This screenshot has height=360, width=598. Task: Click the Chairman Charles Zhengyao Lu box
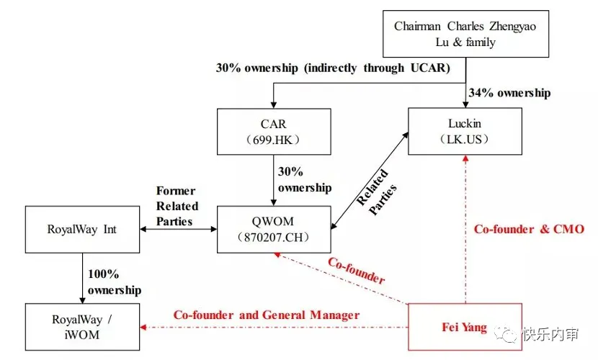pyautogui.click(x=465, y=34)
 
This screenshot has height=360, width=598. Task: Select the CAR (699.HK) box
pyautogui.click(x=274, y=132)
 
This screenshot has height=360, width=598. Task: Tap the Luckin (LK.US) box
pyautogui.click(x=465, y=131)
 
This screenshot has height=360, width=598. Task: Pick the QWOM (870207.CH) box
pyautogui.click(x=274, y=230)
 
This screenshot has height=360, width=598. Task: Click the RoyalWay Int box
pyautogui.click(x=82, y=230)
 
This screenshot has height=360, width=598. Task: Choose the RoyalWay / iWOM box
pyautogui.click(x=82, y=327)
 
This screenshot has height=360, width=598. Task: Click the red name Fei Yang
pyautogui.click(x=464, y=327)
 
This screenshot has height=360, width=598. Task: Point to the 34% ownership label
pyautogui.click(x=509, y=93)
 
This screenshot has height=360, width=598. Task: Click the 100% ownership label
pyautogui.click(x=115, y=282)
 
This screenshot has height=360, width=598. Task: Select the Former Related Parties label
pyautogui.click(x=177, y=206)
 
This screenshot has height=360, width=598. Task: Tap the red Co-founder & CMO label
pyautogui.click(x=529, y=229)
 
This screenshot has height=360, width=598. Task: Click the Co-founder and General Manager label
pyautogui.click(x=266, y=315)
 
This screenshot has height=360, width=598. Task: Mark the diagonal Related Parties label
pyautogui.click(x=376, y=192)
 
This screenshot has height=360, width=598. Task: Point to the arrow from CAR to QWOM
pyautogui.click(x=274, y=180)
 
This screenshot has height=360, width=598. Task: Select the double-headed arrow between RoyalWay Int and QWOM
pyautogui.click(x=179, y=229)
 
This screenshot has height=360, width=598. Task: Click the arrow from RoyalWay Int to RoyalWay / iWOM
pyautogui.click(x=82, y=278)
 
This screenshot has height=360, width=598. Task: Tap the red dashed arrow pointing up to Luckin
pyautogui.click(x=465, y=229)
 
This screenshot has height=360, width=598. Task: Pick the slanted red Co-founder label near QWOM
pyautogui.click(x=356, y=271)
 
